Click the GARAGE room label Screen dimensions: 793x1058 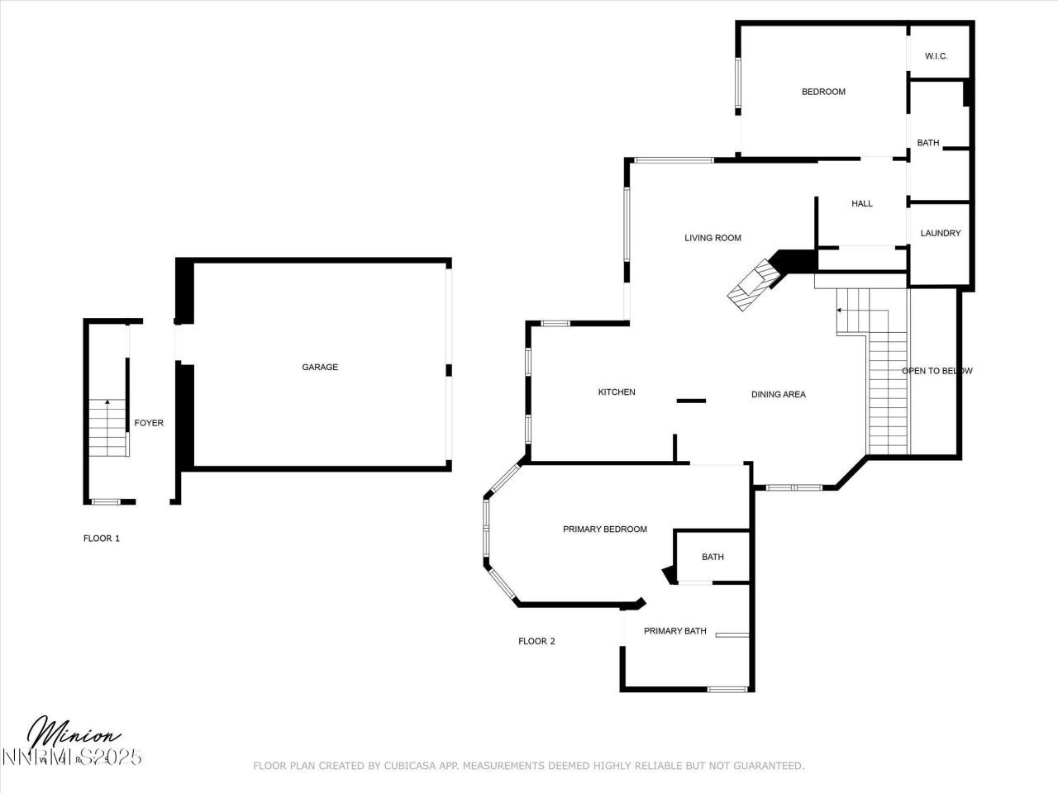point(319,368)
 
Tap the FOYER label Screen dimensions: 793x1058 point(149,423)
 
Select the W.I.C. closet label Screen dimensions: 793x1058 point(936,56)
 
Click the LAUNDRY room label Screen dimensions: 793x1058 point(940,234)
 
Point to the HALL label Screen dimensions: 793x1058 point(861,204)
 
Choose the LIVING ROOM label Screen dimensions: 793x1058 point(712,238)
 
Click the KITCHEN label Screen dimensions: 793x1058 point(617,392)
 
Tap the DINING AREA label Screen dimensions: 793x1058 point(778,395)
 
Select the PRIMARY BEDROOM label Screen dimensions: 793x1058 point(604,529)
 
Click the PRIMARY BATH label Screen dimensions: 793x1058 point(674,631)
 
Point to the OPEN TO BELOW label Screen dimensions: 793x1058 point(936,371)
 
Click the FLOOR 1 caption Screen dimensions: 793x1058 point(102,539)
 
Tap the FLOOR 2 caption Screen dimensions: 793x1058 point(536,641)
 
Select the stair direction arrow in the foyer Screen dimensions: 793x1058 point(107,404)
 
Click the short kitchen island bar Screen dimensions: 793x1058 point(691,401)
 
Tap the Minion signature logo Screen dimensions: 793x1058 point(74,734)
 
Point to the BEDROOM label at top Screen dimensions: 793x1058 point(823,92)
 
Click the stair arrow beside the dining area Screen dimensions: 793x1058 point(840,311)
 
